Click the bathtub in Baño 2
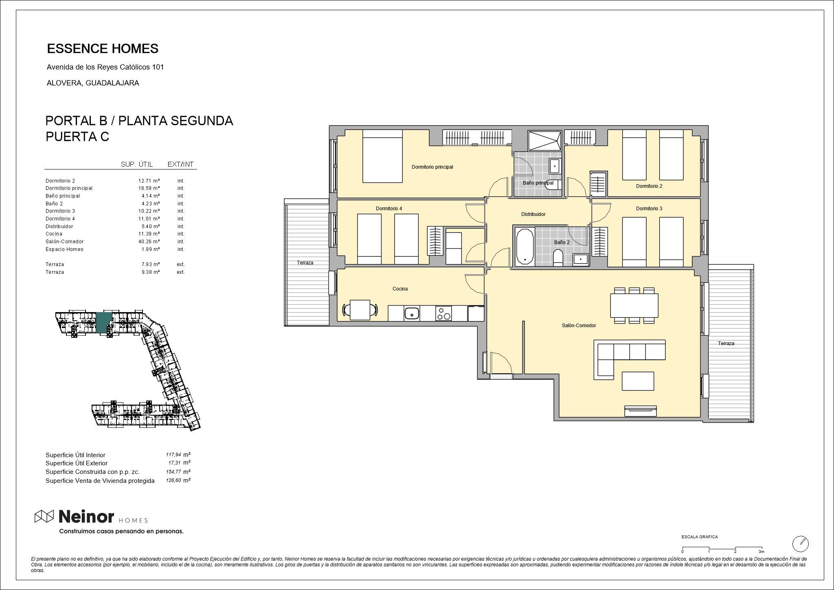525,247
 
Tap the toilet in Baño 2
558,258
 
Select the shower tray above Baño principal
544,141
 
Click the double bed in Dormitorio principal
382,156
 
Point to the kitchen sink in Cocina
412,314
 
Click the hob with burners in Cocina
443,313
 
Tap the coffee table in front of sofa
638,381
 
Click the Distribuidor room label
533,214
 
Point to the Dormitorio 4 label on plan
388,209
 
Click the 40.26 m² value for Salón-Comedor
149,242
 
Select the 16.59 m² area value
149,188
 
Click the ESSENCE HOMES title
103,49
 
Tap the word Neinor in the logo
86,517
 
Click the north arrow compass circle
800,544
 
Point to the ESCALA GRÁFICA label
700,537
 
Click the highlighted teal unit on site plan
103,321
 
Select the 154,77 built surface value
173,472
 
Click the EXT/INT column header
180,164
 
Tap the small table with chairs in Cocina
360,310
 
